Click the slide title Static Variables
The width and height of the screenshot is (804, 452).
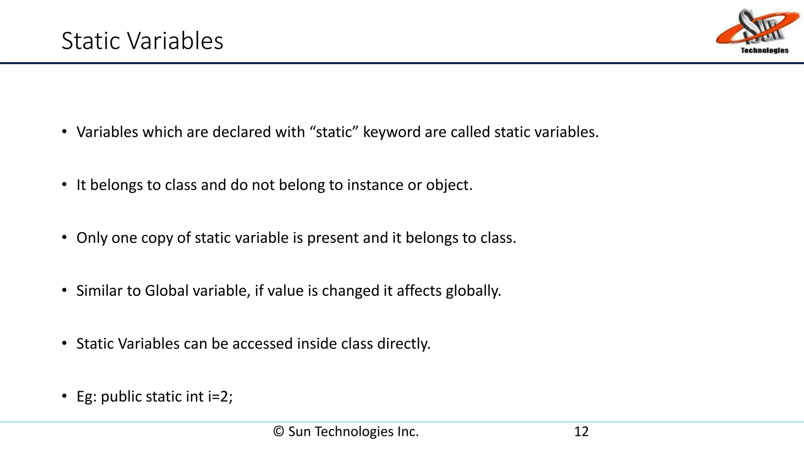pyautogui.click(x=142, y=41)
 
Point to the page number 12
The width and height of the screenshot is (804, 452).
pyautogui.click(x=581, y=432)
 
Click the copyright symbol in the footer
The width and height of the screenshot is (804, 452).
pyautogui.click(x=278, y=432)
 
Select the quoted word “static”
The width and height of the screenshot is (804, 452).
pyautogui.click(x=333, y=132)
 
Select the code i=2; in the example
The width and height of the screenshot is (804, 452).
pyautogui.click(x=220, y=397)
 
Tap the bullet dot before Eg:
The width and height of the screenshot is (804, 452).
pyautogui.click(x=64, y=397)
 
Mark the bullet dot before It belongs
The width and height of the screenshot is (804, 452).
pyautogui.click(x=64, y=185)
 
